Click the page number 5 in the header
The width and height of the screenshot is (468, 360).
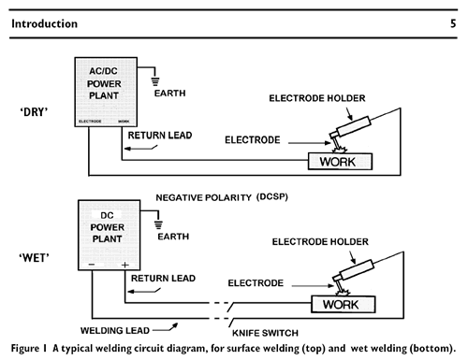click(453, 23)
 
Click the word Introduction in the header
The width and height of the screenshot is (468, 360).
click(44, 23)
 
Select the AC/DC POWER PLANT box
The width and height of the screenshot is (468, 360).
click(106, 92)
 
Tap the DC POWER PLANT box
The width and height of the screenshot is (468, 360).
click(109, 235)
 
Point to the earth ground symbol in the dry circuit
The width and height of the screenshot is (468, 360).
click(155, 81)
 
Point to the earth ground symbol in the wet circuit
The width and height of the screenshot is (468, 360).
click(158, 225)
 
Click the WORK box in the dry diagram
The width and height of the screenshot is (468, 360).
click(340, 162)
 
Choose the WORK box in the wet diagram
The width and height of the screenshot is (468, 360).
click(344, 304)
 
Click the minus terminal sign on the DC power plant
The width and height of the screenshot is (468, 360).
click(92, 265)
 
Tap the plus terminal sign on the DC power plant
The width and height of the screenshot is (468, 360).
click(125, 265)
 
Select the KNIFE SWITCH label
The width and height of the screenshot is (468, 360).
click(265, 333)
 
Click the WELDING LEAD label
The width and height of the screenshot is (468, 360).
click(115, 330)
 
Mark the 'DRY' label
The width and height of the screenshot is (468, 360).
click(34, 112)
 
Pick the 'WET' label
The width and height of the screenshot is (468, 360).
click(34, 258)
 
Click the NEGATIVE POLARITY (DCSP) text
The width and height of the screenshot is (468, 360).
click(222, 197)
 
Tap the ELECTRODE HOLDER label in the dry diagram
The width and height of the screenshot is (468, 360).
click(317, 98)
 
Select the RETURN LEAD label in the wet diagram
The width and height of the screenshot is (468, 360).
click(163, 279)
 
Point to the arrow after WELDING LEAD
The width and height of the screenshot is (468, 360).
click(166, 328)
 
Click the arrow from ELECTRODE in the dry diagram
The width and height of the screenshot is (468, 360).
click(310, 143)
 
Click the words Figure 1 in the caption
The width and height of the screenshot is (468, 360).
click(29, 348)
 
